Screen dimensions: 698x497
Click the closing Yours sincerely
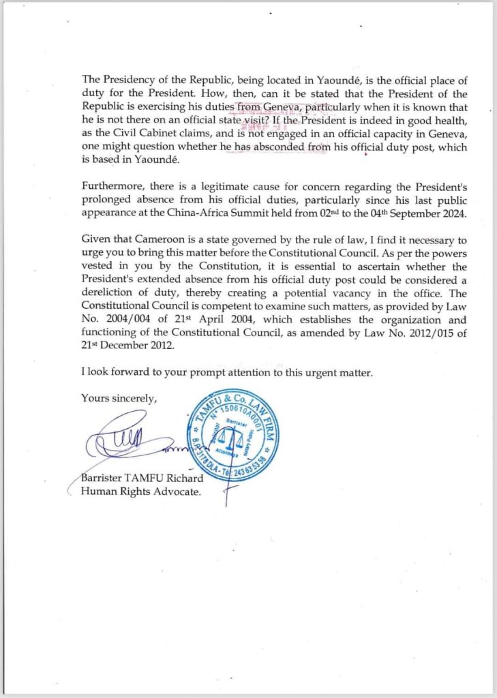[119, 398]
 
